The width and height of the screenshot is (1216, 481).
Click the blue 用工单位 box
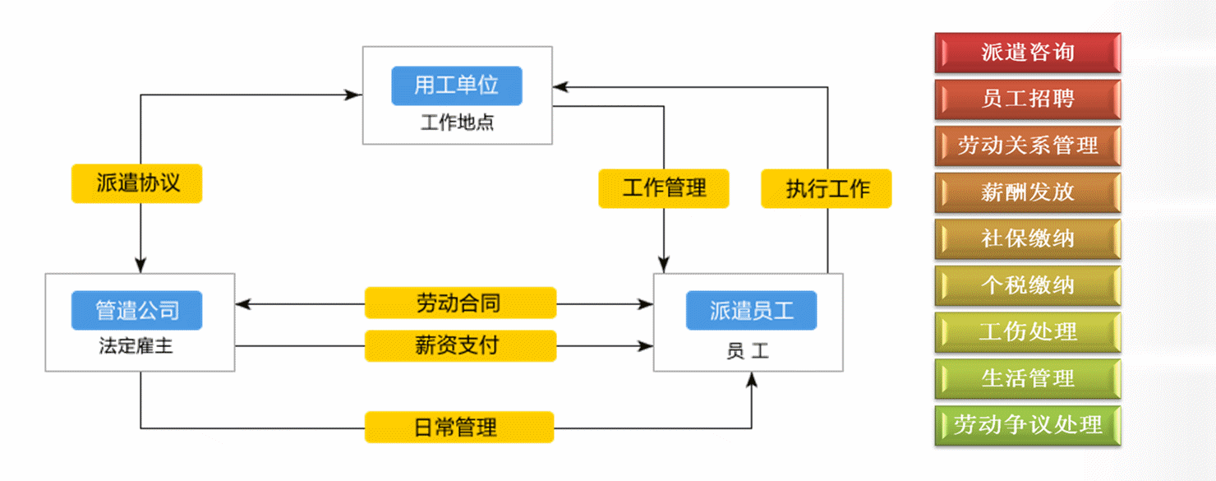pos(457,86)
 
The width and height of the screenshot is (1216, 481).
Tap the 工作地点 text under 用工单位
pos(457,124)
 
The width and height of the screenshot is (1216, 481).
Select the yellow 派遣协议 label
pos(136,183)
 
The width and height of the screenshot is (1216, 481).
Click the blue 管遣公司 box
pos(136,310)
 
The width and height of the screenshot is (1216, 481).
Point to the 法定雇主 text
pos(136,346)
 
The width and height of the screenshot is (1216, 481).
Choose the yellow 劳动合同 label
pos(460,303)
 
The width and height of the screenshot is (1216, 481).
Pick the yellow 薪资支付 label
pos(460,345)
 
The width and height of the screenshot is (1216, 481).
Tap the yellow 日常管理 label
pos(459,428)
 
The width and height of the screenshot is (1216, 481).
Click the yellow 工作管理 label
pos(664,188)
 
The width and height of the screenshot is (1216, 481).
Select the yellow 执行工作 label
pos(826,188)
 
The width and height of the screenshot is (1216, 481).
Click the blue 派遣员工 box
pos(751,310)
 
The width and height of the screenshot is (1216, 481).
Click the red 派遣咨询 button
pos(1027,53)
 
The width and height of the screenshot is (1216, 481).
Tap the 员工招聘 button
pos(1027,99)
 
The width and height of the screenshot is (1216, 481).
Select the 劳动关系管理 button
pos(1027,146)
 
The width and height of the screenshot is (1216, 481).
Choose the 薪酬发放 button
pos(1027,192)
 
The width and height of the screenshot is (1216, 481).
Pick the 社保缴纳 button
pos(1027,238)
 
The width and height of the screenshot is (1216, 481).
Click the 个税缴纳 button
pos(1027,285)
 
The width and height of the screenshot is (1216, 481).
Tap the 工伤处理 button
pos(1027,331)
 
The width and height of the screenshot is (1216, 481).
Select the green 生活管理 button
pos(1027,378)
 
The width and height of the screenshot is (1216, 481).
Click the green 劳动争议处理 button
pos(1027,425)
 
